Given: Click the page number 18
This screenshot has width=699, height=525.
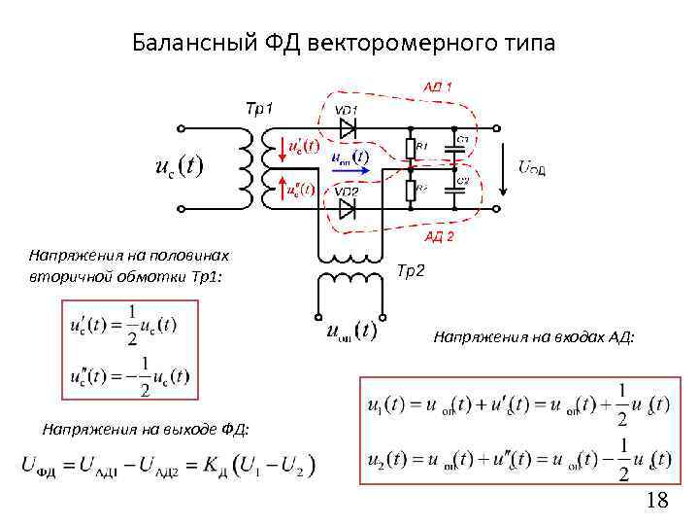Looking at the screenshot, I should [657, 501].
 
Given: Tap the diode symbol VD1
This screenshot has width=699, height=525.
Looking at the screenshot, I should [348, 126].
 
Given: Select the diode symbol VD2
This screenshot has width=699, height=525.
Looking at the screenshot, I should [348, 207].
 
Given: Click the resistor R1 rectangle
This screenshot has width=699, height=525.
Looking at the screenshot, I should [411, 148].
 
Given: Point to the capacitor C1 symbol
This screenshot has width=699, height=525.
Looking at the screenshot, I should [454, 150].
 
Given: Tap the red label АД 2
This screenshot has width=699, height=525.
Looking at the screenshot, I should [438, 236].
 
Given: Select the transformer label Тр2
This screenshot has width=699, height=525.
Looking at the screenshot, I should [411, 271].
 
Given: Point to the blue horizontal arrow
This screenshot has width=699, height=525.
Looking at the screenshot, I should [349, 168].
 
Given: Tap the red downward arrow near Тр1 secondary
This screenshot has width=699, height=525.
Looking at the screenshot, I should [283, 146].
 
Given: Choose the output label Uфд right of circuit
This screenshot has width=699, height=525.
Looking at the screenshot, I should [531, 169].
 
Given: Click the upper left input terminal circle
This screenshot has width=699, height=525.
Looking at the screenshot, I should [181, 127].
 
